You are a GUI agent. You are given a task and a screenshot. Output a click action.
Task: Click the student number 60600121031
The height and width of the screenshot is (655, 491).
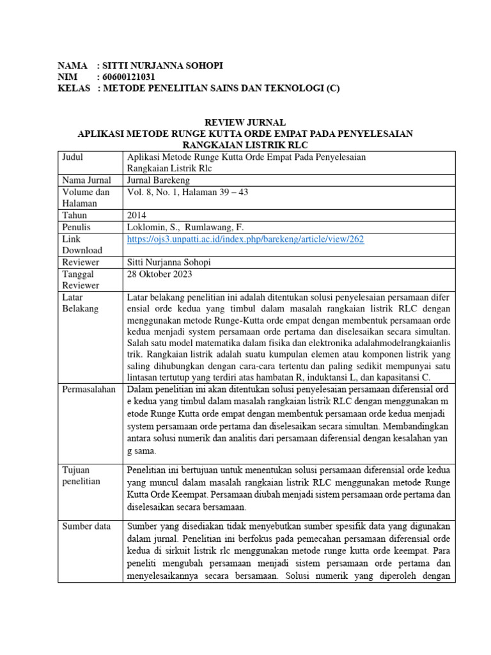pos(129,77)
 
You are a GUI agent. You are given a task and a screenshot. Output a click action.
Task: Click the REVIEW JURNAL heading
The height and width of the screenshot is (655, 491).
pos(245,122)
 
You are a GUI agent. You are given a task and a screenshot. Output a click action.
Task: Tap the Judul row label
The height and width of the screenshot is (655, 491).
pos(73,157)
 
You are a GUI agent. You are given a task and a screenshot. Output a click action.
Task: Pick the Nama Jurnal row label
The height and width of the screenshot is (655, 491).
pos(86,180)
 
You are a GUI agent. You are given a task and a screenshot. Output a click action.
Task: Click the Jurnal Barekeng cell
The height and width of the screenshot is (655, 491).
pos(154,180)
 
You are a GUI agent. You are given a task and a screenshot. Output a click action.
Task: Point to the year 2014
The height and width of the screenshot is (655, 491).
pos(137,216)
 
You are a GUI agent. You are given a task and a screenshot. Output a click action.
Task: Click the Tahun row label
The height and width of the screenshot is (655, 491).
pos(75,216)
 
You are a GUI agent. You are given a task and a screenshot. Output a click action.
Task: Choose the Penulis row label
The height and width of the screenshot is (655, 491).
pos(77,227)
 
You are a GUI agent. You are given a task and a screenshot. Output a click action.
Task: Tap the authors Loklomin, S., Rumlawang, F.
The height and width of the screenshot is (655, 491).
pos(185,227)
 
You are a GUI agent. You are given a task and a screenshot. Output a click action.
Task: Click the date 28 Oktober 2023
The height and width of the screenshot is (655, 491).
pos(160,274)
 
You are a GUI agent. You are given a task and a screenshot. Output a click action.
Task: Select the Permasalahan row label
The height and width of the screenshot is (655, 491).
pos(89,388)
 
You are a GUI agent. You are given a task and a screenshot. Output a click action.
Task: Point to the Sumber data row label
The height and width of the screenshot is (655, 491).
pos(86,526)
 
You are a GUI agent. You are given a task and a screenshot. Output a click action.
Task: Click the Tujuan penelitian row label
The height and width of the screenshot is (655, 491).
pos(81,475)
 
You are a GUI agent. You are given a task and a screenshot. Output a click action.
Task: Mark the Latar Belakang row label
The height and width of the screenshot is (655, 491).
pos(81,303)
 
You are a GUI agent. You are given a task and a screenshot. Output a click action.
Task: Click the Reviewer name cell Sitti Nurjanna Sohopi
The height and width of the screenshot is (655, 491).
pos(169,262)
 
